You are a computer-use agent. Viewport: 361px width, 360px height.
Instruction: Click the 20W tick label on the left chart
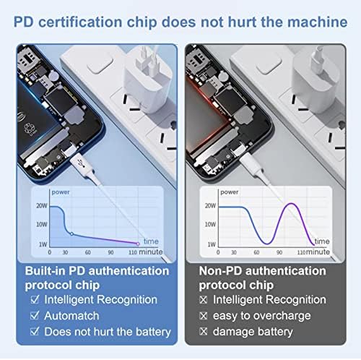tap(40, 206)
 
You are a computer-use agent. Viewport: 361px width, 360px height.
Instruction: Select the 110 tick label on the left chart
tap(134, 253)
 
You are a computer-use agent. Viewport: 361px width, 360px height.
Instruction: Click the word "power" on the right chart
tap(229, 192)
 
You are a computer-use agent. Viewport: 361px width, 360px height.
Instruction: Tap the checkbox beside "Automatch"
tap(34, 315)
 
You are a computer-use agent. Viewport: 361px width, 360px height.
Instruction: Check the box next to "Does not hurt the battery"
tap(34, 332)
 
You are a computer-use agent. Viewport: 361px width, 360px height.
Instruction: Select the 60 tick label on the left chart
tap(89, 253)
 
